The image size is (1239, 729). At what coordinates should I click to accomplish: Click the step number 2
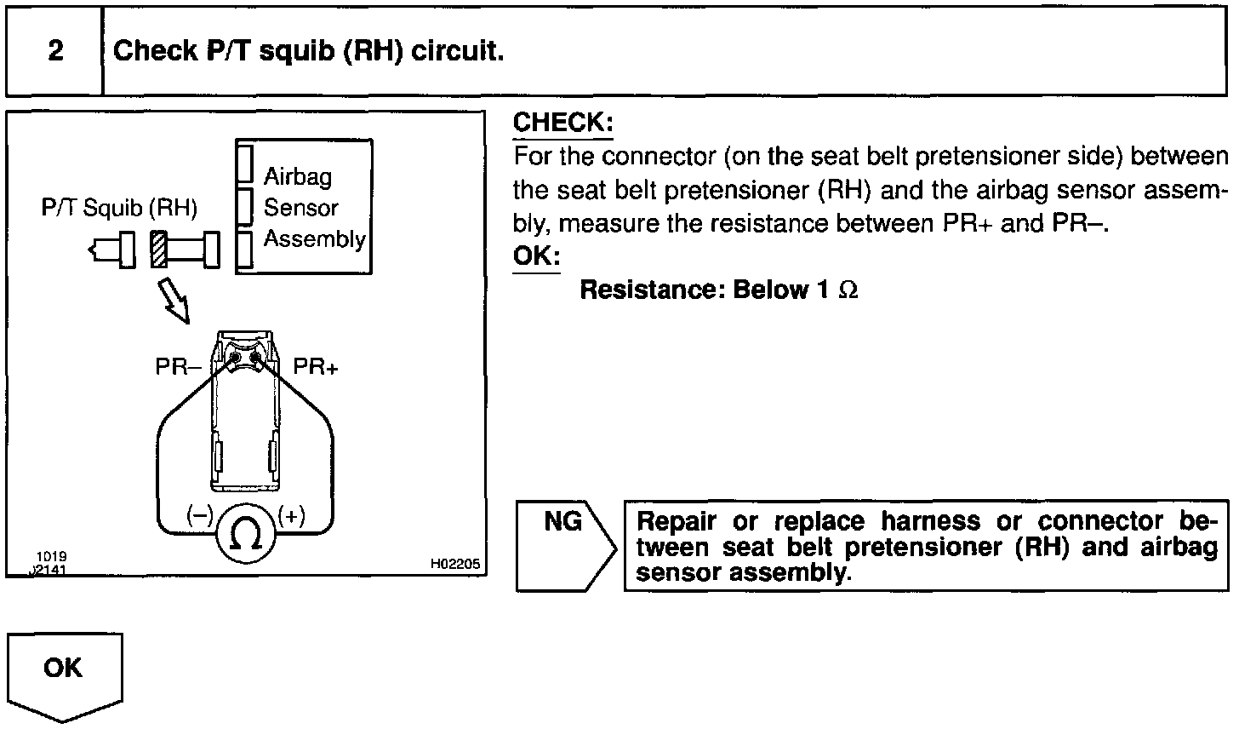click(55, 51)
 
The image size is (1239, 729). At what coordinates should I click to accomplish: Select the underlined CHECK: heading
click(562, 123)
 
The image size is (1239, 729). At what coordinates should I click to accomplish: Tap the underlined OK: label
click(536, 256)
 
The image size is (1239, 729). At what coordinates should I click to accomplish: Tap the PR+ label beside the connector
click(315, 367)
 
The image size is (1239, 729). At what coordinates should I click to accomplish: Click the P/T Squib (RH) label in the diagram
click(119, 208)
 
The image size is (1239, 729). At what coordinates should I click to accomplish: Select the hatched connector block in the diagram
click(159, 249)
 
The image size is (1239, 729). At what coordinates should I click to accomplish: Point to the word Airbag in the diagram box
click(298, 176)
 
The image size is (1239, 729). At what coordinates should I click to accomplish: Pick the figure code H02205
click(455, 564)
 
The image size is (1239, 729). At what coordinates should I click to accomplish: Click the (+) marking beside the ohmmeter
click(292, 515)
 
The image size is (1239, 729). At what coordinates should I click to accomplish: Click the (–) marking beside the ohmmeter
click(201, 515)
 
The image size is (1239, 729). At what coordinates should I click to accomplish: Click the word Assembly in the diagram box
click(314, 239)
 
